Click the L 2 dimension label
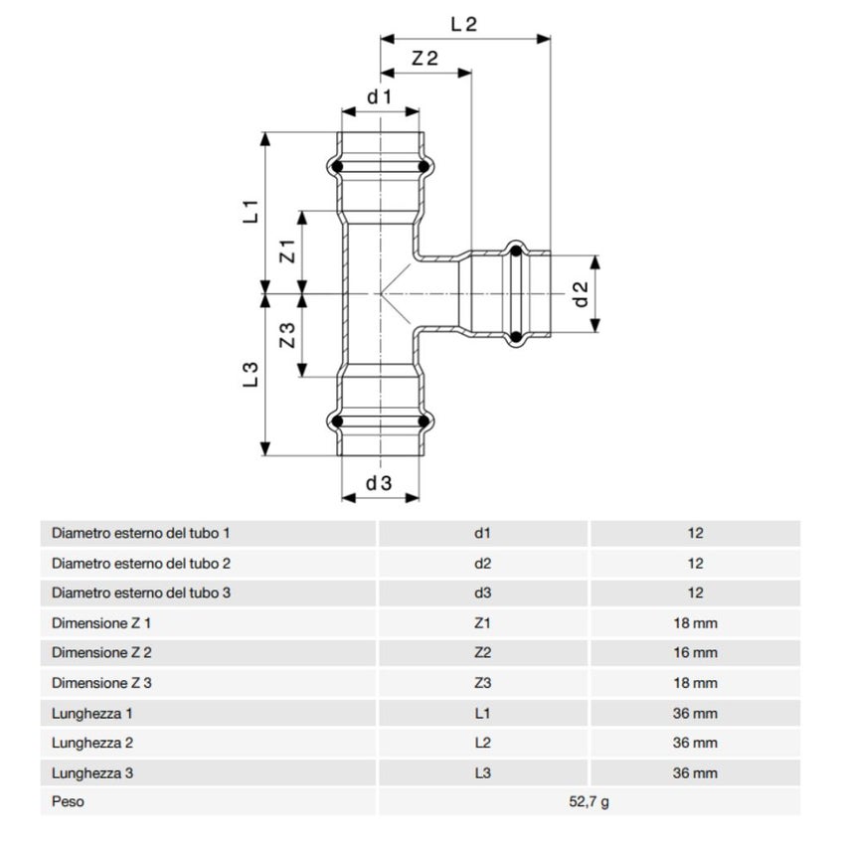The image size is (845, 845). click(x=464, y=25)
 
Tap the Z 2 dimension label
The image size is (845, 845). click(x=424, y=59)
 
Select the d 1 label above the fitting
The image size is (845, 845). click(x=380, y=96)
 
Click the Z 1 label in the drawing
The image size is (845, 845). click(x=287, y=252)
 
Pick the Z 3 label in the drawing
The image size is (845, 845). click(x=287, y=336)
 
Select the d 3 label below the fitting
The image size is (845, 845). click(x=379, y=484)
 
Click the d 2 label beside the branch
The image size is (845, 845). click(x=582, y=293)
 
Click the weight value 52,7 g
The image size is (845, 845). click(x=589, y=802)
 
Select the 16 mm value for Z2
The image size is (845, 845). click(x=695, y=653)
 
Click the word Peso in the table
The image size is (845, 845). click(x=68, y=802)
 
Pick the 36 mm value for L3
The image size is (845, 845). click(x=695, y=772)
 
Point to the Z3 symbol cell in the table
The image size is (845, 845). click(x=482, y=683)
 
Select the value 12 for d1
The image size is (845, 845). click(x=695, y=533)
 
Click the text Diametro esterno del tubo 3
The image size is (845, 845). click(x=141, y=593)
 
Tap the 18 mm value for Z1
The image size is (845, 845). click(x=695, y=623)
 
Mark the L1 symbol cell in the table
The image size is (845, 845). click(x=482, y=713)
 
